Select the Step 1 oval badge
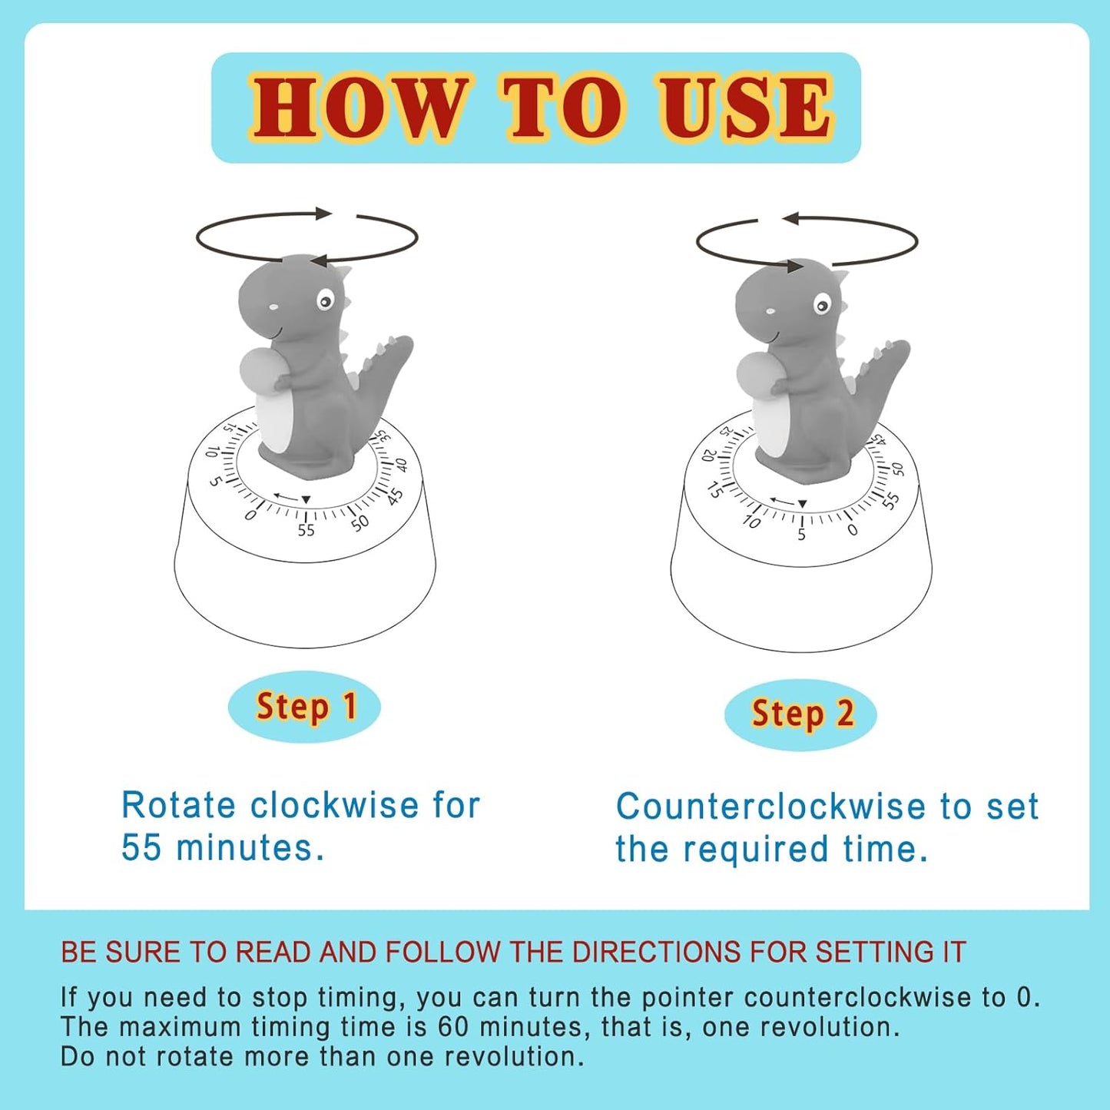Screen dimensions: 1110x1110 305,707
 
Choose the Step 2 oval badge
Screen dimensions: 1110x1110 800,714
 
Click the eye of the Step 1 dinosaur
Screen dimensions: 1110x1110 325,300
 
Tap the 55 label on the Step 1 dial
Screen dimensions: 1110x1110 306,530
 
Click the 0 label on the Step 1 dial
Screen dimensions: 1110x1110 251,515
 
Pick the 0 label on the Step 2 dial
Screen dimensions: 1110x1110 852,529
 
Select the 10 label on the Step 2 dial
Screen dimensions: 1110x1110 750,522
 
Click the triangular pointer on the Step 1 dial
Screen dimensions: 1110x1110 306,499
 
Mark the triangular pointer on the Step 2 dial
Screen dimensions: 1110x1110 803,505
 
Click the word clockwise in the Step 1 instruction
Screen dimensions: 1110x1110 334,806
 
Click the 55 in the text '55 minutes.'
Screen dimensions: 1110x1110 141,848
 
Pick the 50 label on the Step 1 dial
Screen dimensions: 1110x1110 360,523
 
